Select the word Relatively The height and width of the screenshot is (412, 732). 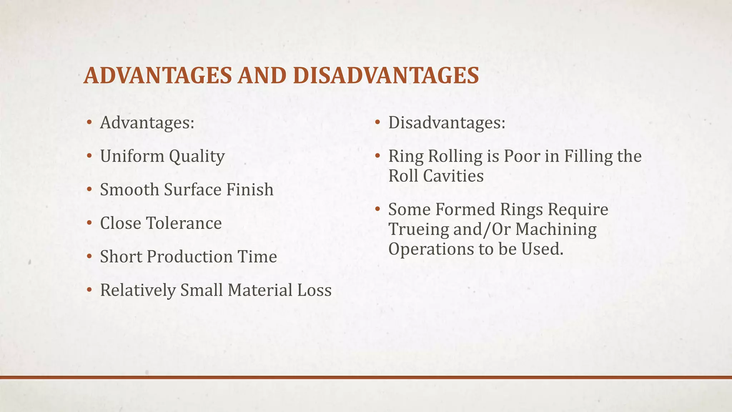[138, 290]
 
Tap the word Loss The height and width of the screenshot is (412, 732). [315, 290]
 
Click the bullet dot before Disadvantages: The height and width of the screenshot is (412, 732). [377, 123]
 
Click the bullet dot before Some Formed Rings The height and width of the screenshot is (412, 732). [377, 210]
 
